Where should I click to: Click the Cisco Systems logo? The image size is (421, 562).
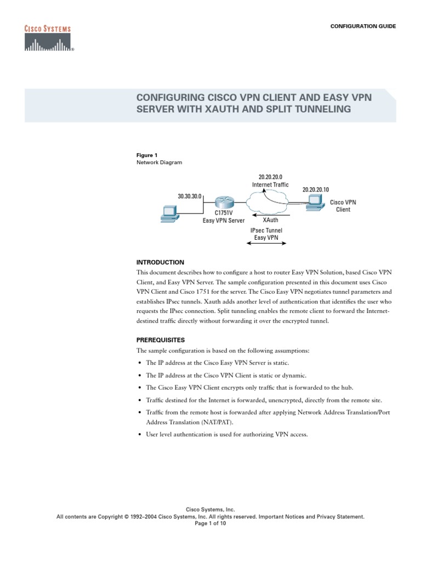click(48, 38)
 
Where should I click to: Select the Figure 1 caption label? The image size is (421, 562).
click(145, 155)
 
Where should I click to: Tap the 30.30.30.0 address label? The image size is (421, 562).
click(190, 195)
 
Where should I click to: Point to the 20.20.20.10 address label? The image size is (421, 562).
click(316, 189)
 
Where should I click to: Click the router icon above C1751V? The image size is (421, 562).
click(224, 202)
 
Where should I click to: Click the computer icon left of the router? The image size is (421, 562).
click(168, 213)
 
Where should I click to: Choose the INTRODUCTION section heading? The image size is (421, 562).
click(160, 262)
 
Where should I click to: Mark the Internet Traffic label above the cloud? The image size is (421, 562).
click(270, 185)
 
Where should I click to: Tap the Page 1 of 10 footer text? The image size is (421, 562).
click(210, 524)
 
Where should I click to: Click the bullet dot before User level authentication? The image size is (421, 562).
click(140, 435)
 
